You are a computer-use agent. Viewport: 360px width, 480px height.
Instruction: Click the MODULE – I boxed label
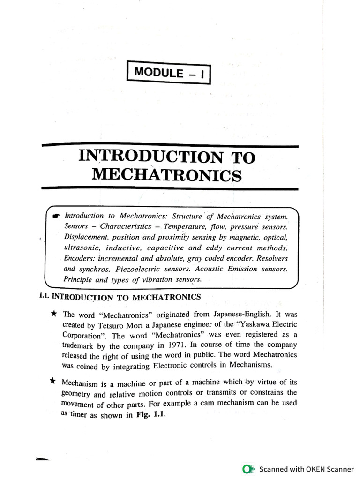pyautogui.click(x=169, y=73)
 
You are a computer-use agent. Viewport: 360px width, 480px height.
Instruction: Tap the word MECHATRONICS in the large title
pyautogui.click(x=167, y=175)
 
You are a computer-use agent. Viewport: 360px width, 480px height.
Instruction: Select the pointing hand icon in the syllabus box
pyautogui.click(x=57, y=217)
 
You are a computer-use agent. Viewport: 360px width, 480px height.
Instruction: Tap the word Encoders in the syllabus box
pyautogui.click(x=80, y=258)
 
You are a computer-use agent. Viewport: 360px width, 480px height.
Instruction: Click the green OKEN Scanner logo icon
pyautogui.click(x=248, y=468)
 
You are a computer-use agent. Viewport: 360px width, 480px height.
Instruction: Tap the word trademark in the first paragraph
pyautogui.click(x=81, y=346)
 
